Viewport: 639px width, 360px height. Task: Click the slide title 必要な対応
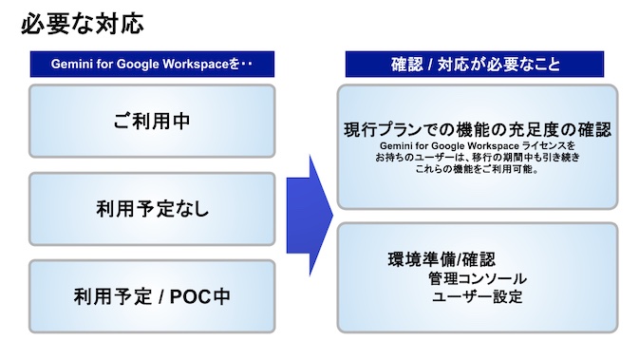tap(83, 23)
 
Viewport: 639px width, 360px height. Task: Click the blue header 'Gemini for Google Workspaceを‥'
tap(152, 66)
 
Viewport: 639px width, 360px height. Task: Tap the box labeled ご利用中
tap(152, 123)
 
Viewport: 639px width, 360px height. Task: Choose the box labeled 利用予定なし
tap(152, 210)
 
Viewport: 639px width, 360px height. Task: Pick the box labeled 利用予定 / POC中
tap(152, 296)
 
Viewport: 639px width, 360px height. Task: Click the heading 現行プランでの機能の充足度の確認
tap(477, 128)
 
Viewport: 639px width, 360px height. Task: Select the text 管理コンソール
tap(477, 279)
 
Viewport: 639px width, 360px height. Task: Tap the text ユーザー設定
tap(477, 297)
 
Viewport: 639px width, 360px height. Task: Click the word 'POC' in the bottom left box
tap(193, 296)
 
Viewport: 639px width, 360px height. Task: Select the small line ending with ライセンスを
tap(477, 144)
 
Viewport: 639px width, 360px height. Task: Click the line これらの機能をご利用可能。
tap(477, 170)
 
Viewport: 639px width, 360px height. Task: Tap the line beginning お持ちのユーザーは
tap(477, 157)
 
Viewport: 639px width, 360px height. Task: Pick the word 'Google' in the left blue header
tap(141, 66)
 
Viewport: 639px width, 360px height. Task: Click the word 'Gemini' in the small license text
tap(399, 144)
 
